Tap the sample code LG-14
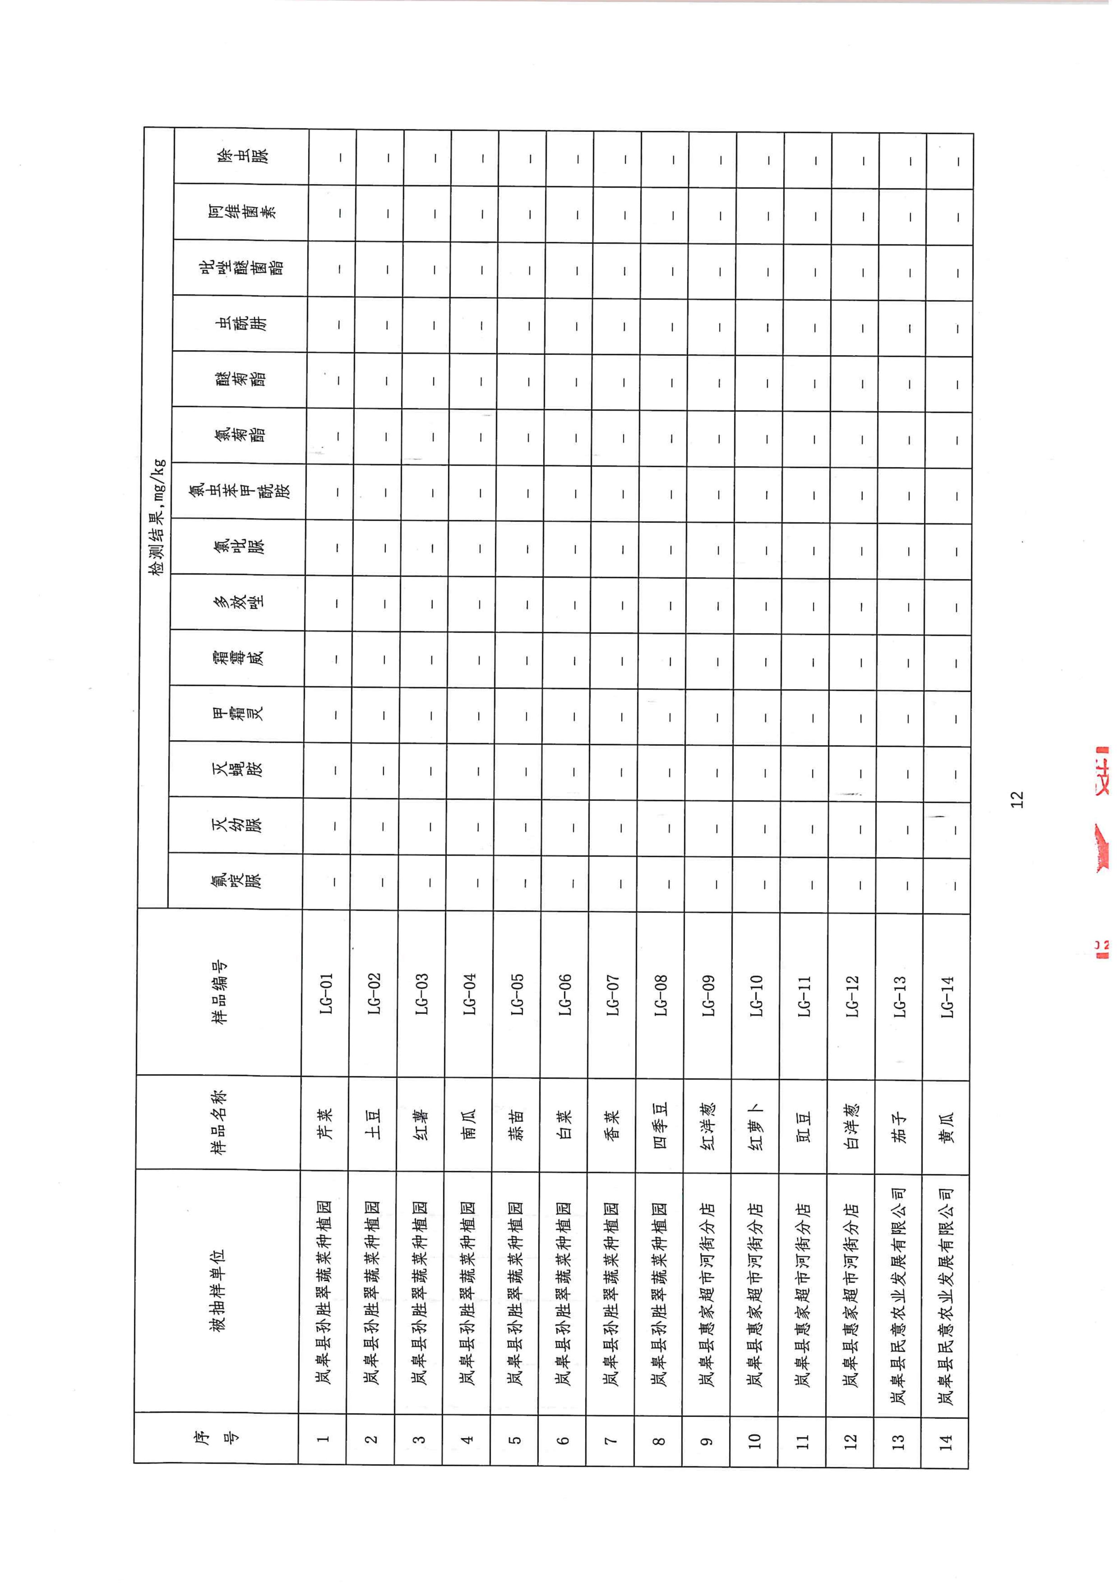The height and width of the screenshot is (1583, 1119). coord(947,996)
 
